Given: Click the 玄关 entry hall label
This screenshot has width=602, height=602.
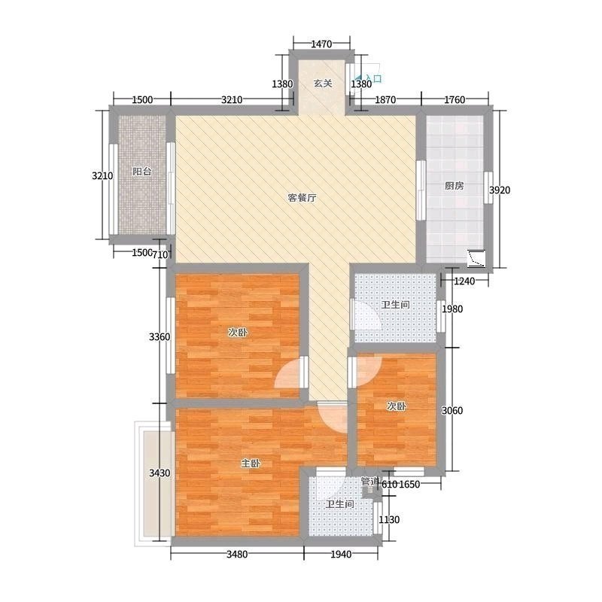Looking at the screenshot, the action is pyautogui.click(x=323, y=84).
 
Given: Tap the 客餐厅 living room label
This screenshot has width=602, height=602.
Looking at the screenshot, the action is pyautogui.click(x=303, y=198).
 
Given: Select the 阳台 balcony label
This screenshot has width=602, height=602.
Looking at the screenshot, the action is pyautogui.click(x=142, y=172).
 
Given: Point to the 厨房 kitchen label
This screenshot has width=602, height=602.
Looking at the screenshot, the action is pyautogui.click(x=455, y=186).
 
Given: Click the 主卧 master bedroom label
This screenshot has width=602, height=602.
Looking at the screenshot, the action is pyautogui.click(x=251, y=464).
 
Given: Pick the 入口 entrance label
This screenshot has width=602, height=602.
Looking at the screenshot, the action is pyautogui.click(x=373, y=79).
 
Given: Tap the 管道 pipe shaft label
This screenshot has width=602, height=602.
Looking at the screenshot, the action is pyautogui.click(x=370, y=481).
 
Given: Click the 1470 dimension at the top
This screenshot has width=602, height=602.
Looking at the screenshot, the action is pyautogui.click(x=321, y=44).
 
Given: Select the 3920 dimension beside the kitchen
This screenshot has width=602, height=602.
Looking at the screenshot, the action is pyautogui.click(x=500, y=190).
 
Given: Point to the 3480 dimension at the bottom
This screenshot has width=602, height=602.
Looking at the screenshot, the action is pyautogui.click(x=237, y=554).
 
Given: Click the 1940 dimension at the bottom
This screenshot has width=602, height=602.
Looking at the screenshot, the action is pyautogui.click(x=341, y=554).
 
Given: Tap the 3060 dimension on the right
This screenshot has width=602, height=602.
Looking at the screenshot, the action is pyautogui.click(x=452, y=410).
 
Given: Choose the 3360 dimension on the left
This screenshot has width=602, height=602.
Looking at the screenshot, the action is pyautogui.click(x=160, y=336).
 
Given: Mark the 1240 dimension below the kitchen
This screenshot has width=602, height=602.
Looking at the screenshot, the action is pyautogui.click(x=464, y=281).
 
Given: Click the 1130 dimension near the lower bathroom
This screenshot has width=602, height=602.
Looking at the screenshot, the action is pyautogui.click(x=389, y=519).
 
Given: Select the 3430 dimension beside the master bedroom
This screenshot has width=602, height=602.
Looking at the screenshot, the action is pyautogui.click(x=160, y=473).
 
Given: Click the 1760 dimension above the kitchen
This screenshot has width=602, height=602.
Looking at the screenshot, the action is pyautogui.click(x=455, y=100).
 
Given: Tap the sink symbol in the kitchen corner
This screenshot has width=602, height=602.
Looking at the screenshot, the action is pyautogui.click(x=476, y=258).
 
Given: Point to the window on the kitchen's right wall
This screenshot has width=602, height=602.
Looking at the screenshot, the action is pyautogui.click(x=488, y=187).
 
